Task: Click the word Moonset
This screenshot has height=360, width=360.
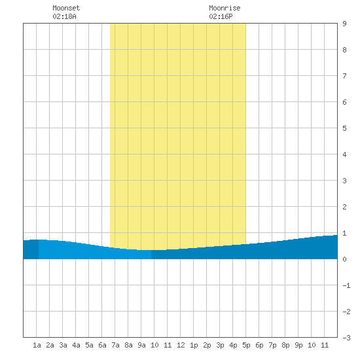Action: point(66,8)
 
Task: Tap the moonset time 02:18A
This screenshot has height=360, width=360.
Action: point(64,16)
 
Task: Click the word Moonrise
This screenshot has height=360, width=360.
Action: point(225,8)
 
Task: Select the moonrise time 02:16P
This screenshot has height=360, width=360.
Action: point(221,16)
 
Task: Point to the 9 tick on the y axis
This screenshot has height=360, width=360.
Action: point(344,24)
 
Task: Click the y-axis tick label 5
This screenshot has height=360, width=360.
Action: point(344,128)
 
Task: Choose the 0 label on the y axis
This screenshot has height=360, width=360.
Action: point(344,259)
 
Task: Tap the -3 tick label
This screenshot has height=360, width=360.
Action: point(346,338)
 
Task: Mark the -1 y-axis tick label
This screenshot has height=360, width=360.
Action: point(346,285)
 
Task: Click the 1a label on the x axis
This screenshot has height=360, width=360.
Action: point(37,345)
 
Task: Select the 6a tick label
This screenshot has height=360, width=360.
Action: point(102,345)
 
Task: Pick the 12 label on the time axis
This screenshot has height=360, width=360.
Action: point(181,345)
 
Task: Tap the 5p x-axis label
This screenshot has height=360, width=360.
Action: point(246,345)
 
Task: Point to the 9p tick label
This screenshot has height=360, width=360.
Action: point(298,345)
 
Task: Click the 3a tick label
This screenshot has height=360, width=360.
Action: point(63,345)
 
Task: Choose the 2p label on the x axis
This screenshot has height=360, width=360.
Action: point(207,345)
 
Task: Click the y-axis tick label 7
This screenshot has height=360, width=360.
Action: point(344,76)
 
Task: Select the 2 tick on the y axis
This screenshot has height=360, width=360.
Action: point(344,207)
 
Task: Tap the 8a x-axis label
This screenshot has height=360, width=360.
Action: point(128,345)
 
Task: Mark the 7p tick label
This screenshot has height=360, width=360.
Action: point(272,345)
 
